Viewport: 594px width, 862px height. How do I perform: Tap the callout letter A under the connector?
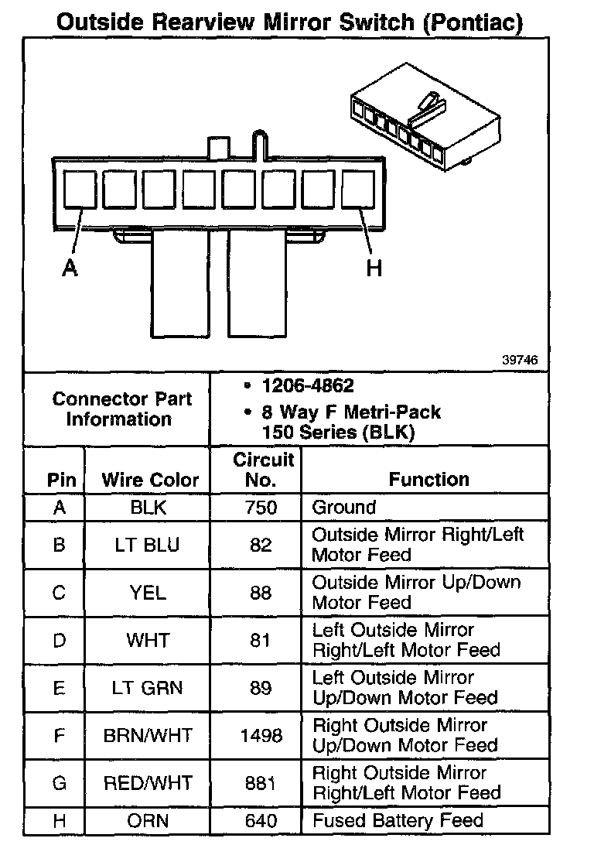pos(70,268)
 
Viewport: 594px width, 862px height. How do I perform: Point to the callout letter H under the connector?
pos(374,268)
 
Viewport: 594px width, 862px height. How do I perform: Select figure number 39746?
pos(519,360)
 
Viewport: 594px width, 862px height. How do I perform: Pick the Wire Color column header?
pos(150,480)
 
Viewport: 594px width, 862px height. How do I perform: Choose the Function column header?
pos(428,480)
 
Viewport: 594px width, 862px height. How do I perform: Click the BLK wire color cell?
pos(149,508)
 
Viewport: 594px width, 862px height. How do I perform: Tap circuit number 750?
pos(261,508)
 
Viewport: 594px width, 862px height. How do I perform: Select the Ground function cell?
pos(343,508)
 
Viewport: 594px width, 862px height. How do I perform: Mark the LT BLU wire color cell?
pos(149,545)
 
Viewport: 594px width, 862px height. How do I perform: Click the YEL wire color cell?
pos(149,593)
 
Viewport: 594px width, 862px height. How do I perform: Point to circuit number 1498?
pos(261,735)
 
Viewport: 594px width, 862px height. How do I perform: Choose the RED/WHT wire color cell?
pos(149,783)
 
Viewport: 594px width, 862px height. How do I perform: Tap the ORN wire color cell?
pos(149,821)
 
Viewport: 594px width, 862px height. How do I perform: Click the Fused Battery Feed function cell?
pos(397,821)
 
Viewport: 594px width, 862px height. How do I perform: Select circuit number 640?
pos(261,821)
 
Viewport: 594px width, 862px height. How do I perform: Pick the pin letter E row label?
pos(60,688)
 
